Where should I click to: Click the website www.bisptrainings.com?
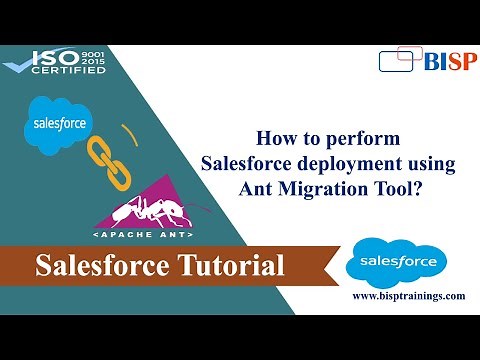point(408,297)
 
